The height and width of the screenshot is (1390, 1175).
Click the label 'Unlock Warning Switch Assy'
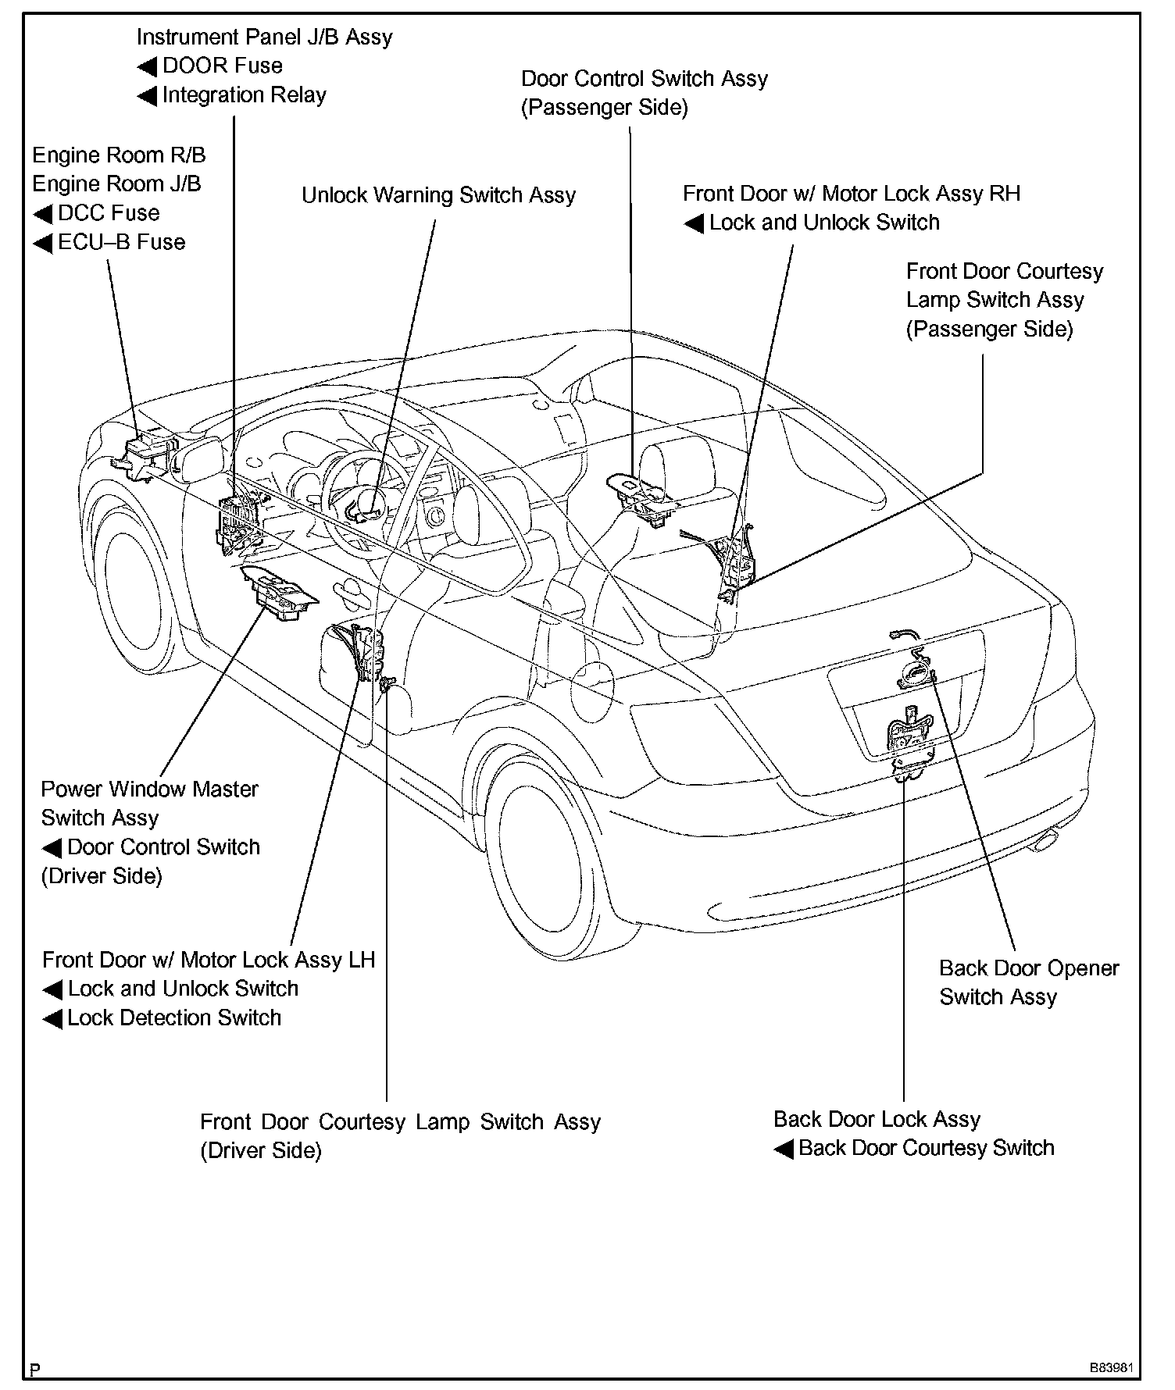pos(438,195)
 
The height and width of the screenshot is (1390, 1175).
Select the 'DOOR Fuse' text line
pos(222,66)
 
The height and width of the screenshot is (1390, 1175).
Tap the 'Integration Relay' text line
pos(244,95)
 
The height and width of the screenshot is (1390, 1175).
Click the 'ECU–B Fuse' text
pos(121,242)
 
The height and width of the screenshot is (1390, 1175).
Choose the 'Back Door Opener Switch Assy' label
pos(1028,982)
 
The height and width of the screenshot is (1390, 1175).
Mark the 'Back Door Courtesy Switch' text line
pos(926,1148)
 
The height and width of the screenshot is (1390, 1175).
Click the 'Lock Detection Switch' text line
pos(173,1018)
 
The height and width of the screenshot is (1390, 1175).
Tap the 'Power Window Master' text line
pos(149,789)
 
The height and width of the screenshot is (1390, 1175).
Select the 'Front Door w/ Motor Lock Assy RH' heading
pos(852,194)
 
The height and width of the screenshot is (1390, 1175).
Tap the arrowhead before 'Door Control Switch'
pos(52,848)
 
